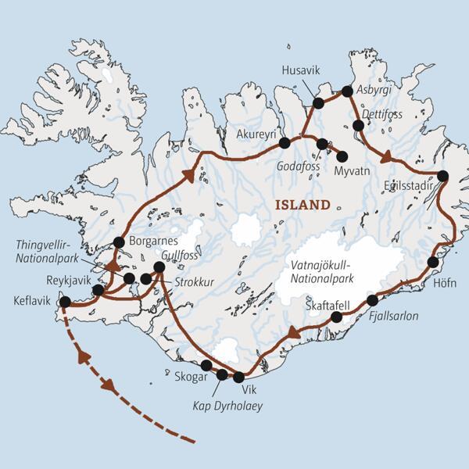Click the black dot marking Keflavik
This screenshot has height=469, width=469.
coord(65,302)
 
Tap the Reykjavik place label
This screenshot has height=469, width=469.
coord(65,280)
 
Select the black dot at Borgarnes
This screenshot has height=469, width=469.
coord(119,242)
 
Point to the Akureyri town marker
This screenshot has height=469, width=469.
coord(285,143)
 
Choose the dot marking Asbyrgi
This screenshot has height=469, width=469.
coord(347,92)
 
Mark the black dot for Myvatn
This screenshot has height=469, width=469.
coord(342,156)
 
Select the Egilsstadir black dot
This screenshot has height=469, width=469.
coord(443,176)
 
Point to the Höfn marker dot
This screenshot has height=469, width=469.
coord(433,261)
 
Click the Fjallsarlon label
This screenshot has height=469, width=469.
coord(396,316)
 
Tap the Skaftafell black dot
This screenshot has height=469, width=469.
coord(337,317)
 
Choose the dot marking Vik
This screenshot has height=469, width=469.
coord(239,377)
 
